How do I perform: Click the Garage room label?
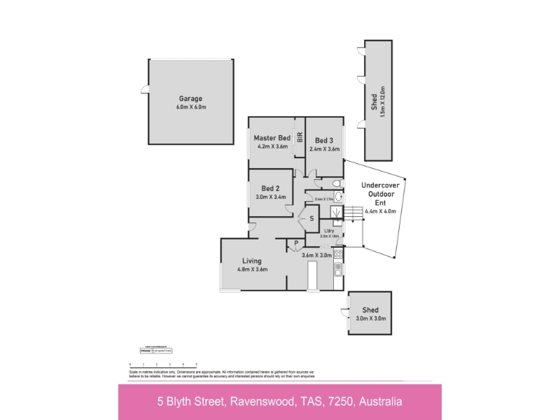[190, 99]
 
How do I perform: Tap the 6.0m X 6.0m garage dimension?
[190, 108]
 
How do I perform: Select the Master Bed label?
[272, 138]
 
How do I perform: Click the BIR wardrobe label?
[300, 138]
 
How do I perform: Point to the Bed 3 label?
[324, 139]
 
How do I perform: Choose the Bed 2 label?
[271, 188]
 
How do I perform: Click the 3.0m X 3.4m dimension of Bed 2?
[271, 197]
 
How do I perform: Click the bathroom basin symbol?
[338, 197]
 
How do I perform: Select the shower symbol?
[336, 213]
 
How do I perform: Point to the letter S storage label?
[311, 219]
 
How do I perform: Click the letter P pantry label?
[296, 244]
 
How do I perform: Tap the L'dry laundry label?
[328, 230]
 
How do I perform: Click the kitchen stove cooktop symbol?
[338, 253]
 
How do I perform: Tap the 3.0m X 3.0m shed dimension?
[370, 319]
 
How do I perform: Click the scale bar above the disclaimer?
[163, 364]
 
